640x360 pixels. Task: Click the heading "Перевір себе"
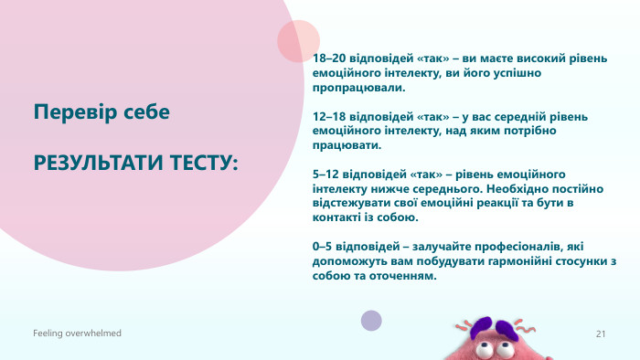point(101,112)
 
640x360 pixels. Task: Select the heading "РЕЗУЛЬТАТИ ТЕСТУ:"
point(136,163)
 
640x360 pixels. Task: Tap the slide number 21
point(601,334)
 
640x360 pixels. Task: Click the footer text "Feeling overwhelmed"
point(77,334)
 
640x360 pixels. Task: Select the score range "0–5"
point(324,247)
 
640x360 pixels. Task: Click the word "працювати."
point(346,145)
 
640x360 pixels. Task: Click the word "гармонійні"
point(505,262)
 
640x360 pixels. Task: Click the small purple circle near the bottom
point(371,320)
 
